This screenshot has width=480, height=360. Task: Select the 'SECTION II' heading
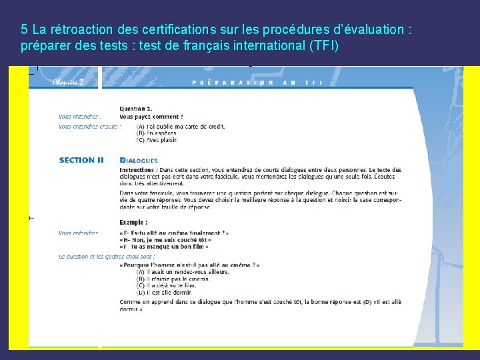[81, 160]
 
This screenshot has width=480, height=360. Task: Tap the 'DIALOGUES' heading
[139, 160]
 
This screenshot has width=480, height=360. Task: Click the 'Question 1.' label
[136, 108]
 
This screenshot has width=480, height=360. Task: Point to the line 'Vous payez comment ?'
[151, 116]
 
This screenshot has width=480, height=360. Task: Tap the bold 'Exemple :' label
[133, 222]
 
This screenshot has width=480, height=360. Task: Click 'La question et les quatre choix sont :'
[107, 256]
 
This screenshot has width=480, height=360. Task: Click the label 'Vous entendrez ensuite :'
[88, 126]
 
